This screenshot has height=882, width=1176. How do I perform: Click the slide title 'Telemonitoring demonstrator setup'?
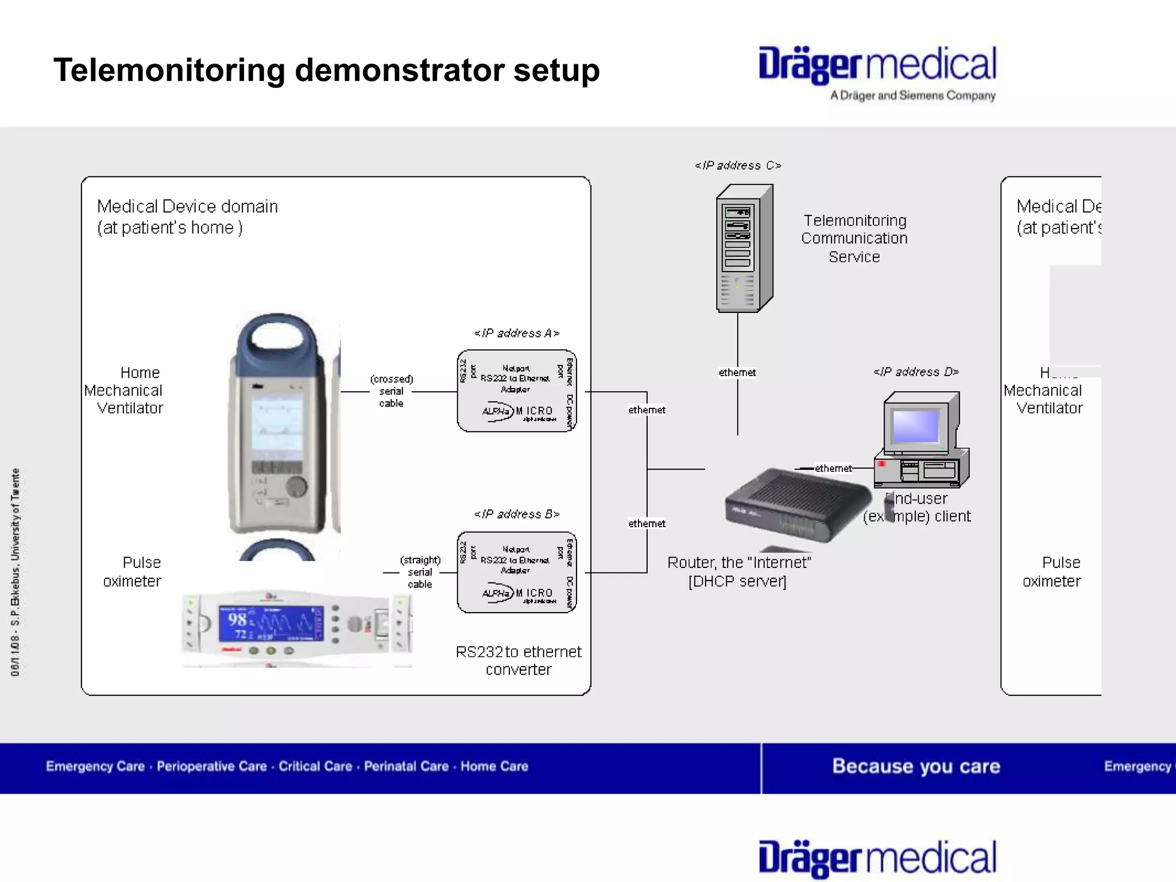click(x=326, y=71)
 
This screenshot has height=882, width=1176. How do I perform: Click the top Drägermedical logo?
click(x=877, y=65)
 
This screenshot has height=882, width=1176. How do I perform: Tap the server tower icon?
click(x=744, y=249)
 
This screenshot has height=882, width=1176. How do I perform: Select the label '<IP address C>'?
click(x=738, y=165)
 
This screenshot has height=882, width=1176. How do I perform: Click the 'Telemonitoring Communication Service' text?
click(x=854, y=238)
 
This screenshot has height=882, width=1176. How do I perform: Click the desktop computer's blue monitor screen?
click(x=915, y=426)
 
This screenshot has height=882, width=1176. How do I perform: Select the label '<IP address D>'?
click(x=916, y=372)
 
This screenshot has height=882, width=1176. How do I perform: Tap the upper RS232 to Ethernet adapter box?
click(x=516, y=391)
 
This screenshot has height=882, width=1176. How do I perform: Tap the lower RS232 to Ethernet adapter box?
click(x=516, y=572)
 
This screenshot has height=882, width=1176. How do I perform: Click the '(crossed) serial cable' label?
click(x=391, y=391)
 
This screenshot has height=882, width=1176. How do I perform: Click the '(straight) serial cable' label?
click(x=420, y=572)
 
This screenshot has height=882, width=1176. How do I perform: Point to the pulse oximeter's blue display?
click(x=270, y=623)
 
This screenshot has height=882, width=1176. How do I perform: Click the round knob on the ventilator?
click(x=296, y=486)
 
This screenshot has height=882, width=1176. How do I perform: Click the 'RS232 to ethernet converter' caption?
click(x=518, y=660)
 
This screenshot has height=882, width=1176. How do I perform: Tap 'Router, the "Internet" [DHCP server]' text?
click(x=738, y=572)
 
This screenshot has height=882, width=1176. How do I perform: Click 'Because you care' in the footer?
click(x=916, y=767)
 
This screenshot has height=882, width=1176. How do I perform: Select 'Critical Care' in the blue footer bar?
click(x=315, y=767)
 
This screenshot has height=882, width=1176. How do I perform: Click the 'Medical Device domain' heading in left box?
click(x=187, y=207)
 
